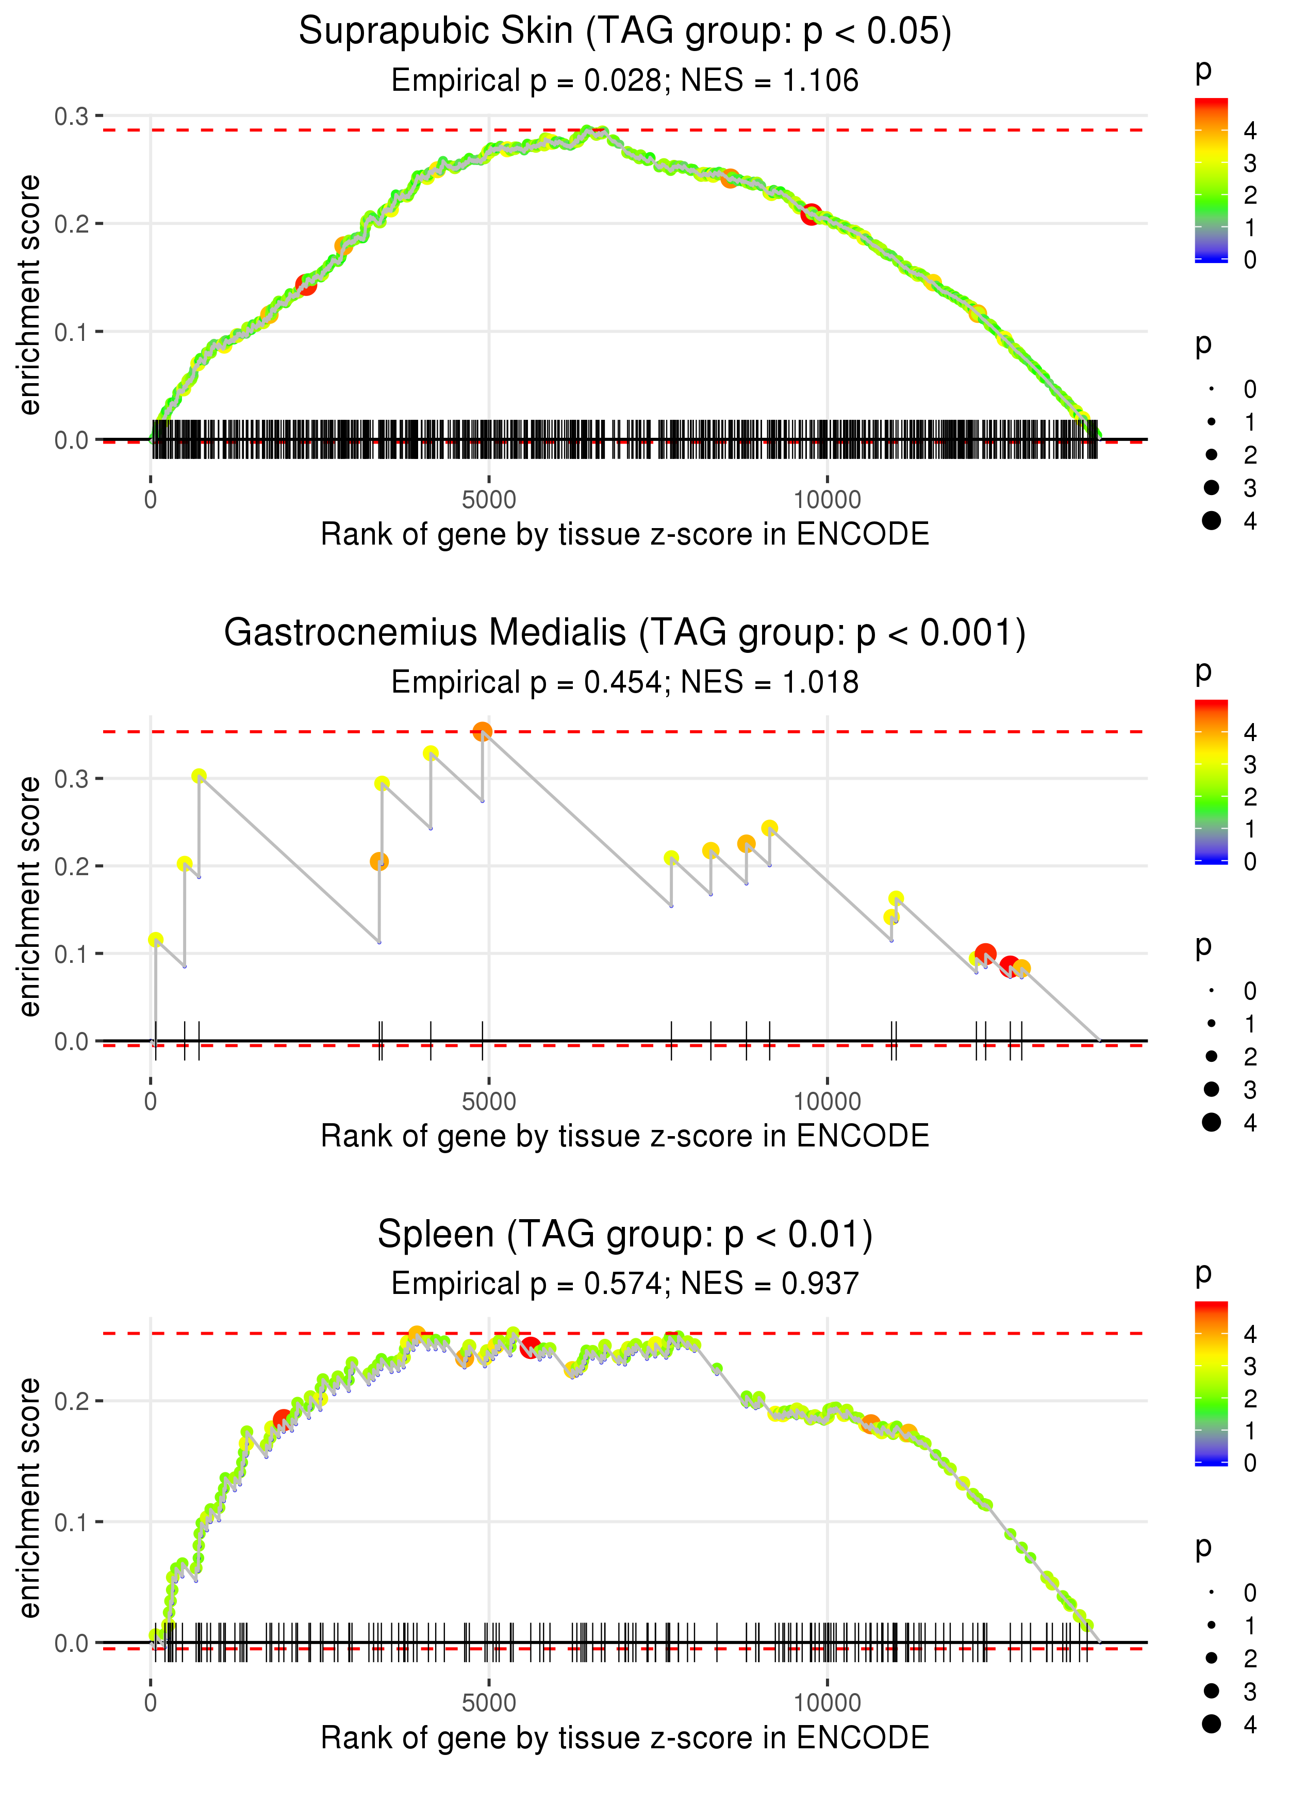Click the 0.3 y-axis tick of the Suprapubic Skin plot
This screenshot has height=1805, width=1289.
coord(72,117)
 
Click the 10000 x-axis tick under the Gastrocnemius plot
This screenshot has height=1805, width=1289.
coord(827,1102)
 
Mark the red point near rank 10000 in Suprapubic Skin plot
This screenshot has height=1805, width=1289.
coord(811,215)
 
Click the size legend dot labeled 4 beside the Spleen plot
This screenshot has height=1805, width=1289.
coord(1211,1724)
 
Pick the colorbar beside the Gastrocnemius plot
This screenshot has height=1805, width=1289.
coord(1211,782)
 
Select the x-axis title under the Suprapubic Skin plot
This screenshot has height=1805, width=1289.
coord(625,535)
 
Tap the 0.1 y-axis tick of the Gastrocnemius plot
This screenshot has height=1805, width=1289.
coord(72,954)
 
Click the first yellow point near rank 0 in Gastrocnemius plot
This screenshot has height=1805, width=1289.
coord(156,940)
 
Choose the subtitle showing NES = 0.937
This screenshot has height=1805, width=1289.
coord(625,1284)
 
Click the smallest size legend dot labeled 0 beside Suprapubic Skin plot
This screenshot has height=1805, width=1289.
coord(1211,389)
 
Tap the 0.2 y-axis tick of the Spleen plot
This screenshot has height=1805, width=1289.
coord(72,1401)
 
